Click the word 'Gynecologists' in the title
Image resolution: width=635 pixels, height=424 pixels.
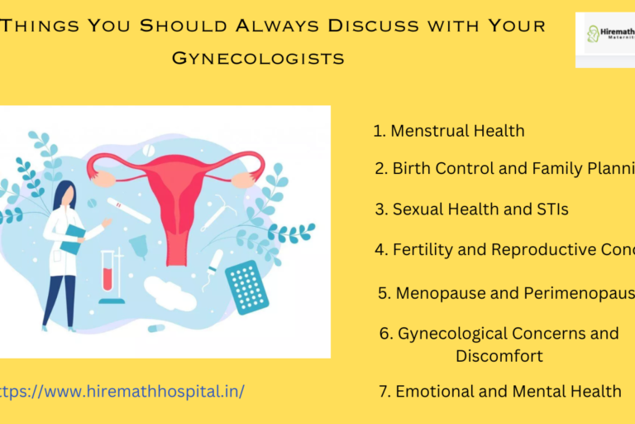pyautogui.click(x=257, y=58)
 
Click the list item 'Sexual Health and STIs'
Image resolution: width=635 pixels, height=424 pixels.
pyautogui.click(x=472, y=210)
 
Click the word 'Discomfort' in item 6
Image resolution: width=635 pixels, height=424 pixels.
pyautogui.click(x=499, y=356)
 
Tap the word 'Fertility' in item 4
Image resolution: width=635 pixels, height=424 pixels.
pyautogui.click(x=423, y=249)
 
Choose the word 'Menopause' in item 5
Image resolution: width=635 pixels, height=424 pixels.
pyautogui.click(x=433, y=293)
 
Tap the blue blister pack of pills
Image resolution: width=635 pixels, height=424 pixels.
pyautogui.click(x=247, y=287)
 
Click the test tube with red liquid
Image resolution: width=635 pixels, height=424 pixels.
pyautogui.click(x=108, y=273)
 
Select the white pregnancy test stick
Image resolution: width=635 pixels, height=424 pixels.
pyautogui.click(x=128, y=209)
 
